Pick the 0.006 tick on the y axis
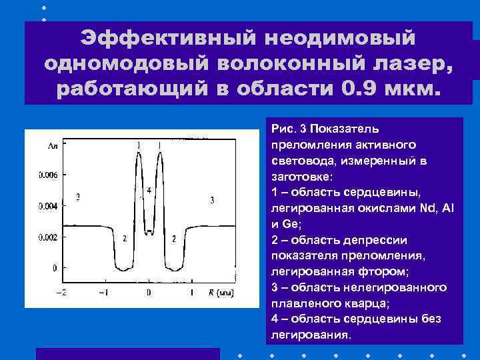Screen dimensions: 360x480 coord(47,175)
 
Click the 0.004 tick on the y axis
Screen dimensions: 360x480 coord(47,207)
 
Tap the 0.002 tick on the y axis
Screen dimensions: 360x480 coord(47,237)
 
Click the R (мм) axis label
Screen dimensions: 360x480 coord(220,293)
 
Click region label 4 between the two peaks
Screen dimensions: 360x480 coord(149,190)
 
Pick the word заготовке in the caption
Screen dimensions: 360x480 coord(304,176)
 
